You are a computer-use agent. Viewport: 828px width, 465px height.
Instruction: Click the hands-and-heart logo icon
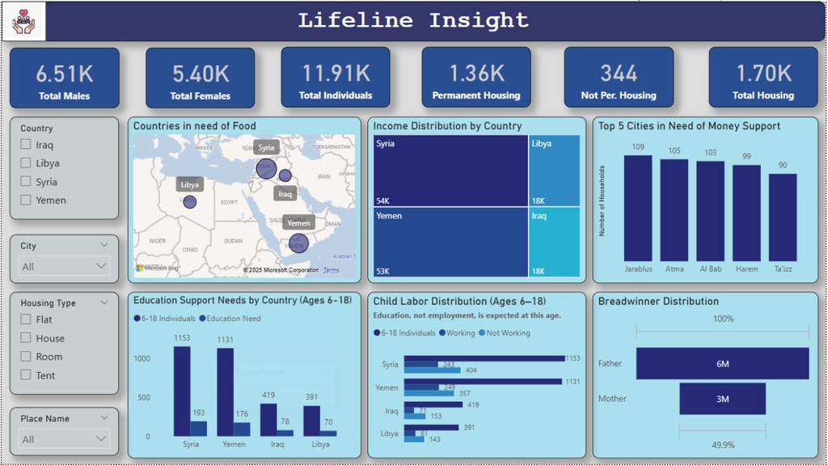[29, 23]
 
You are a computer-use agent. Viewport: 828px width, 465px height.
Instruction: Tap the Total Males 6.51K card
[65, 78]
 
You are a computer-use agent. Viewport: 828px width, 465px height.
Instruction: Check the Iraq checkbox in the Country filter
[26, 146]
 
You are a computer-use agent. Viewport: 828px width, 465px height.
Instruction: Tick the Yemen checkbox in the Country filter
[26, 201]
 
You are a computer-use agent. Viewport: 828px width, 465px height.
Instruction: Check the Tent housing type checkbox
[26, 375]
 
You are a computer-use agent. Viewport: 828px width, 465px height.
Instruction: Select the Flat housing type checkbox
[26, 320]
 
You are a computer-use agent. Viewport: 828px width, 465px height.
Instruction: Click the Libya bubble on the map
[189, 201]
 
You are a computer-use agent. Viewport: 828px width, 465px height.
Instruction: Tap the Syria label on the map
[267, 147]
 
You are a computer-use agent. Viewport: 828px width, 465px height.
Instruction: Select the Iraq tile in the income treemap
[555, 242]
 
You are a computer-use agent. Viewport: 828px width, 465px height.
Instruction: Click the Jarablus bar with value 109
[638, 206]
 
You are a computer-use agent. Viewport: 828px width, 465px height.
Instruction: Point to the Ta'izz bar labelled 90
[783, 216]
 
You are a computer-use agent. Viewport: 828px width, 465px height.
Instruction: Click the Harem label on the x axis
[746, 268]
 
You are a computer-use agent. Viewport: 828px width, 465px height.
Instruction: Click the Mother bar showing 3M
[722, 399]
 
